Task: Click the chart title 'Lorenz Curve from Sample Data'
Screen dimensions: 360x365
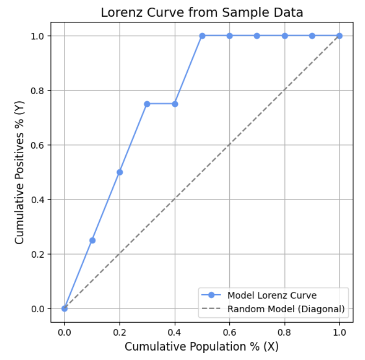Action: (202, 12)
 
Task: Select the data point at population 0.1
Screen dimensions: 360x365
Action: (92, 240)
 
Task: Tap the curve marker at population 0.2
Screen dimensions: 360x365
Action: (120, 172)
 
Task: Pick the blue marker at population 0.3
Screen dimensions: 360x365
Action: (147, 104)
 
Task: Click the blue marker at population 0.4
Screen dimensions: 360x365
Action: (175, 104)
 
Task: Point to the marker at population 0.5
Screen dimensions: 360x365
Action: (202, 36)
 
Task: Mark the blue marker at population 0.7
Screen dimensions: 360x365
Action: (257, 36)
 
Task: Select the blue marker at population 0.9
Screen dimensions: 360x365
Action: (312, 36)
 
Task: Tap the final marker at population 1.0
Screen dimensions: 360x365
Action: (340, 36)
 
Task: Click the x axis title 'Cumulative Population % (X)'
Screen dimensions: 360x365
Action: (202, 346)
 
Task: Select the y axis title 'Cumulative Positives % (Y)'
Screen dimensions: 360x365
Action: (20, 172)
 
